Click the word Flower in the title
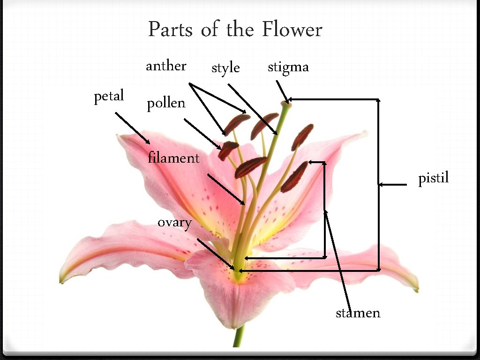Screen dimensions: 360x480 tap(292, 30)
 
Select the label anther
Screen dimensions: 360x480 tap(166, 66)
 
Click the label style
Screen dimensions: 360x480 tap(225, 68)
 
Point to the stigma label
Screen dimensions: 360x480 tap(288, 68)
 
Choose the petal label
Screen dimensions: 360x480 tap(109, 97)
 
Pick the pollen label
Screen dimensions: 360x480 tap(166, 104)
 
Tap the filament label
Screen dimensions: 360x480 tap(173, 158)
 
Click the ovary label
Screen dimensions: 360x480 tap(174, 223)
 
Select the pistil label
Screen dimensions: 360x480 tap(434, 179)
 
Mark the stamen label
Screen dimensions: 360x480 tap(358, 313)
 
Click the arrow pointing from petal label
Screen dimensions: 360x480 tap(133, 128)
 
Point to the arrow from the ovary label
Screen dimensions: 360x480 tap(216, 254)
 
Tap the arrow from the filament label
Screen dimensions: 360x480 tap(225, 189)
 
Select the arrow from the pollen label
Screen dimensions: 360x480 tap(202, 134)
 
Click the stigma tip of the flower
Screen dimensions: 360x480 tap(285, 105)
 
